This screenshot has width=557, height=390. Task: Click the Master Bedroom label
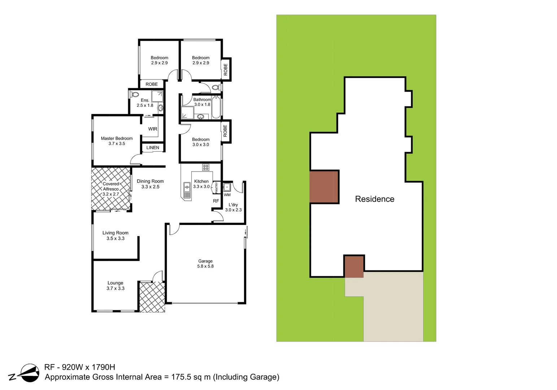pyautogui.click(x=116, y=138)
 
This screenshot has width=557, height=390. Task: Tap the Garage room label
pyautogui.click(x=205, y=261)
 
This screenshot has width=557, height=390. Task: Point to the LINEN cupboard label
pyautogui.click(x=153, y=148)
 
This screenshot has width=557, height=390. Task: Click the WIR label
pyautogui.click(x=152, y=129)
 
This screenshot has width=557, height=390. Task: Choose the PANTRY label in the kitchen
pyautogui.click(x=217, y=187)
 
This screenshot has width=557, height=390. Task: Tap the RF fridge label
pyautogui.click(x=216, y=201)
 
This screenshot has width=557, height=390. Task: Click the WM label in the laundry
pyautogui.click(x=227, y=195)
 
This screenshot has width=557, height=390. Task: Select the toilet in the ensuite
pyautogui.click(x=134, y=95)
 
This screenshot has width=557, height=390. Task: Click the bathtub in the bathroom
pyautogui.click(x=216, y=107)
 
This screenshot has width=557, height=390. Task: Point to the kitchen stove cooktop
pyautogui.click(x=205, y=167)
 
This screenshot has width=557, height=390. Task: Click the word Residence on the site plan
pyautogui.click(x=374, y=199)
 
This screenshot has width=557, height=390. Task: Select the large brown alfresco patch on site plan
pyautogui.click(x=324, y=187)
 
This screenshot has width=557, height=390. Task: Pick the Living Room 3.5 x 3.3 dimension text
pyautogui.click(x=115, y=238)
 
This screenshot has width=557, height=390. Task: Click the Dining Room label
pyautogui.click(x=150, y=181)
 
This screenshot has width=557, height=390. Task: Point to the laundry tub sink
pyautogui.click(x=227, y=187)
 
